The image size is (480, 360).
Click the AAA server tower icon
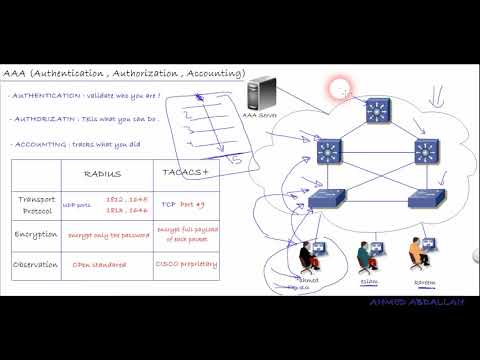(x=261, y=95)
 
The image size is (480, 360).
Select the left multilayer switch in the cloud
(x=329, y=152)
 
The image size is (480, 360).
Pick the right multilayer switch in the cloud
(x=427, y=152)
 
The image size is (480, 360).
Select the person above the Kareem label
(x=414, y=257)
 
